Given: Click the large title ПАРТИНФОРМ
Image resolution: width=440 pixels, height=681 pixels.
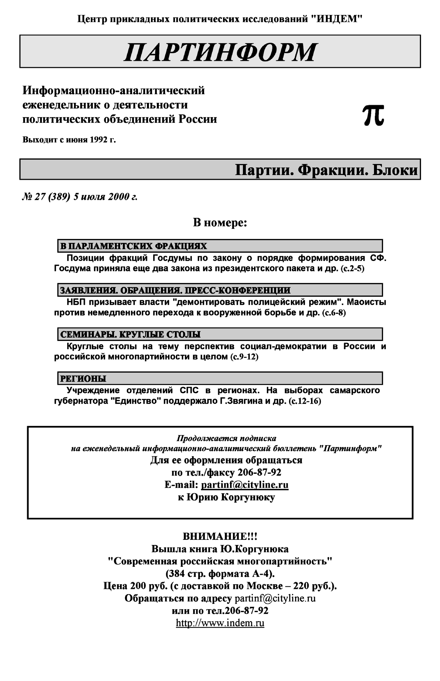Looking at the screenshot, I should [220, 53].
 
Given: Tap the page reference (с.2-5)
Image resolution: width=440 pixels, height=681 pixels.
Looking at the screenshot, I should [353, 269].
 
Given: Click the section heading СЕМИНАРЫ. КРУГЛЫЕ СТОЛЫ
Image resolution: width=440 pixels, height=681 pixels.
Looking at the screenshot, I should [130, 334].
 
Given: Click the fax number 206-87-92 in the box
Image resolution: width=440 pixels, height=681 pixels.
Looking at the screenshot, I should [259, 472].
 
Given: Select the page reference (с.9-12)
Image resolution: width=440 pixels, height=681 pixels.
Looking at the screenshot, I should [244, 357].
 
